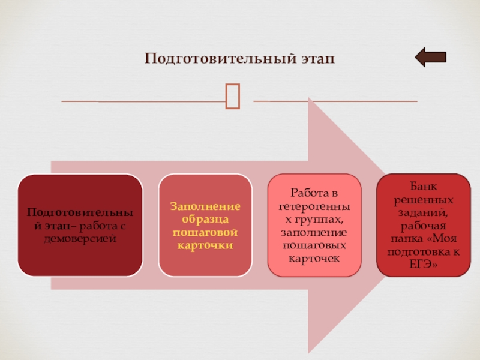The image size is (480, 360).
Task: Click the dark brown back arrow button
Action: tap(430, 58)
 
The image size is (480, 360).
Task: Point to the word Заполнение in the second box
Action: tap(205, 206)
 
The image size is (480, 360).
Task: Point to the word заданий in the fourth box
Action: tap(422, 212)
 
